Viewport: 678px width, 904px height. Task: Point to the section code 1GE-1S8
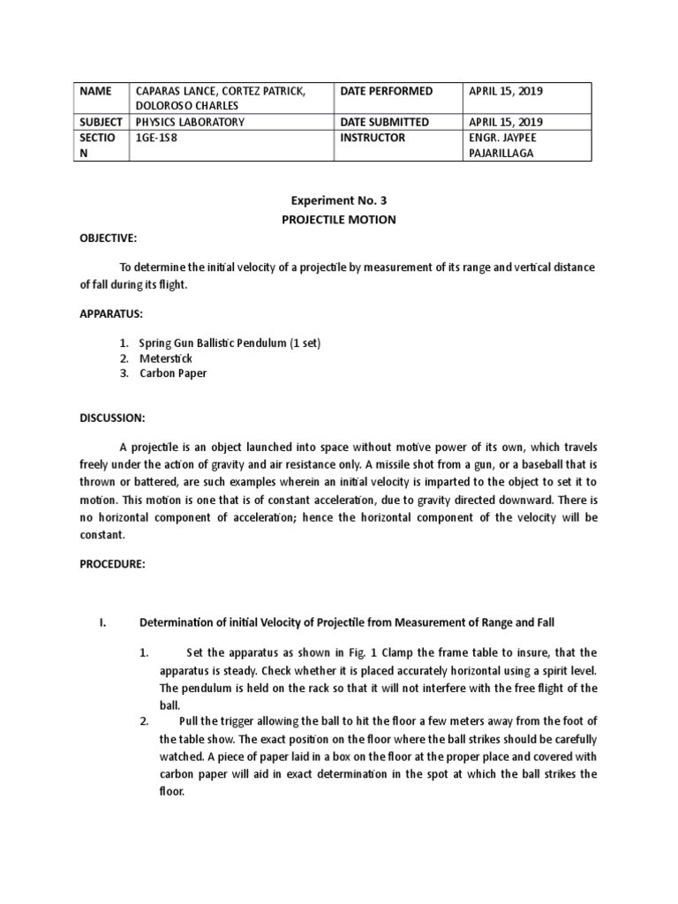[155, 137]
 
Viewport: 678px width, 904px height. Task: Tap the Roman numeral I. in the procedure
[102, 622]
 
